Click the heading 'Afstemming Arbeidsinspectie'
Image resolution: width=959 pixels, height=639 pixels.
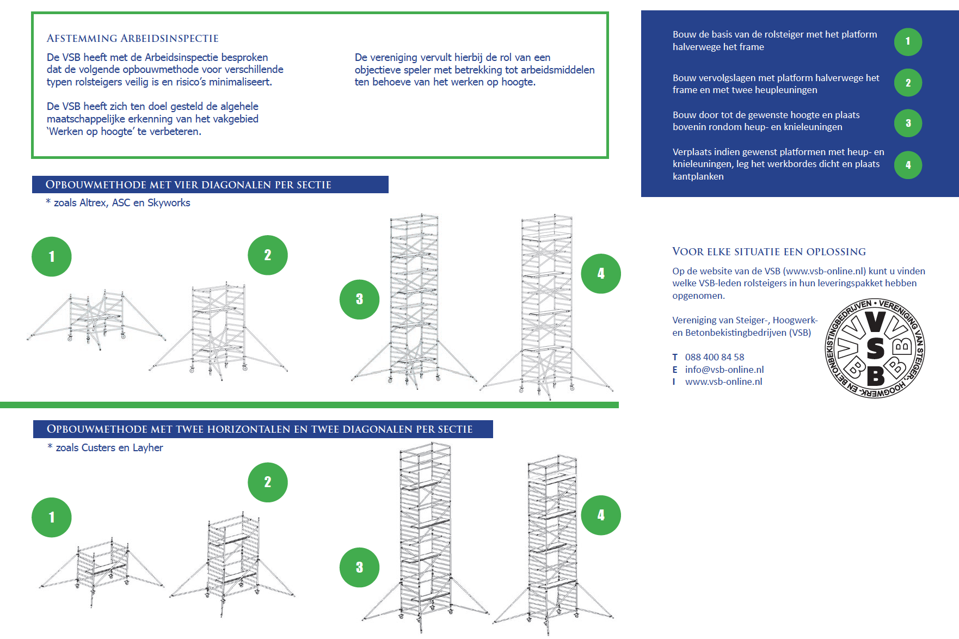[x=132, y=39]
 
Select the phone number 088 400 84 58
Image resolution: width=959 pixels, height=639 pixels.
[x=714, y=357]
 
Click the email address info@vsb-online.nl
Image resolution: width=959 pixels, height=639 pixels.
[x=724, y=370]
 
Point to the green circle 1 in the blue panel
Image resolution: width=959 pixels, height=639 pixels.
[x=908, y=41]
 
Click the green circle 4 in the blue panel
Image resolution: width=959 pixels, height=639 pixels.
[x=908, y=165]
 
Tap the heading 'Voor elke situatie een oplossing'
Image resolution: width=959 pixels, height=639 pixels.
[x=769, y=251]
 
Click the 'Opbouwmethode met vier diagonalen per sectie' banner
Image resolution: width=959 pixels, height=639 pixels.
[x=210, y=185]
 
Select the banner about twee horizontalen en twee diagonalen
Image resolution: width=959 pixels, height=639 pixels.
[x=263, y=429]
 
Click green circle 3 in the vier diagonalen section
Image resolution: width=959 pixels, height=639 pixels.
[x=359, y=299]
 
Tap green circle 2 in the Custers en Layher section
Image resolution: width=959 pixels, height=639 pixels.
[x=268, y=482]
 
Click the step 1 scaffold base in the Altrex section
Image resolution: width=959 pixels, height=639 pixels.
[x=97, y=320]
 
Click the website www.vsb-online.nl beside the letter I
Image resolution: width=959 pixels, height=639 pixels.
[x=723, y=382]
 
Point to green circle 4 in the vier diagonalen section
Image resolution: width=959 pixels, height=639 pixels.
[x=601, y=274]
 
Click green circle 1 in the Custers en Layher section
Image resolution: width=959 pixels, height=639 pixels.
[x=52, y=517]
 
